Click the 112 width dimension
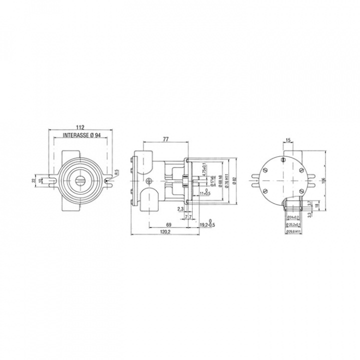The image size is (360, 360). click(x=80, y=127)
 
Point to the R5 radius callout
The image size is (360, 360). click(x=116, y=172)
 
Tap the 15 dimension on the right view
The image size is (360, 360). click(x=288, y=140)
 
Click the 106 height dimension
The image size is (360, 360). click(x=324, y=180)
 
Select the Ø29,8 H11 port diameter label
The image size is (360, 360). click(x=292, y=231)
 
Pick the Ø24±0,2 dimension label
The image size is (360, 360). click(x=293, y=217)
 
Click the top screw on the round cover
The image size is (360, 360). click(x=283, y=159)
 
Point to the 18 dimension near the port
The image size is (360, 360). click(x=317, y=205)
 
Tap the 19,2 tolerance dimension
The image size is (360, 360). click(x=206, y=224)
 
